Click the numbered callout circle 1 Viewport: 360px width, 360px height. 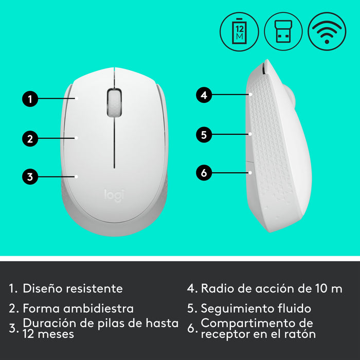(30, 98)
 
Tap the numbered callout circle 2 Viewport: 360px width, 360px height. (30, 138)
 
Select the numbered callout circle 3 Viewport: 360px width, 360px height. (30, 177)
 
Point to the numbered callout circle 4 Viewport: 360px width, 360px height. (204, 95)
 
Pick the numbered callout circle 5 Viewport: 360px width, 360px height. (204, 135)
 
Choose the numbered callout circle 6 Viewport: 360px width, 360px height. (204, 173)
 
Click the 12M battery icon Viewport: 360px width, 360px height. (239, 31)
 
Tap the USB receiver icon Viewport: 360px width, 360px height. (283, 31)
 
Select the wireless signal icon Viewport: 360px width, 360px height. (327, 31)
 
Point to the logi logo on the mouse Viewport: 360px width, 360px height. (114, 195)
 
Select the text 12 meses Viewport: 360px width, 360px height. (48, 334)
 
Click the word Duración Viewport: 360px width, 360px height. (47, 323)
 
